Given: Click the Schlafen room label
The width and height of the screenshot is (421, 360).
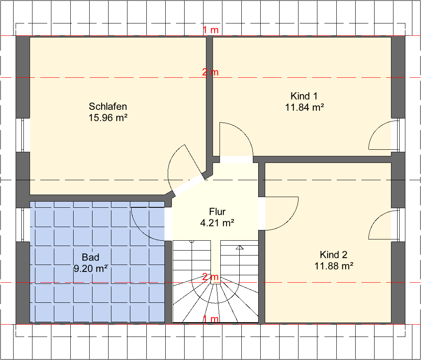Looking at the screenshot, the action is (108, 107).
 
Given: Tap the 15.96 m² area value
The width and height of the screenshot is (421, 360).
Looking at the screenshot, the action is (108, 118).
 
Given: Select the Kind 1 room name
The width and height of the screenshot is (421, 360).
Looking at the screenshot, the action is (304, 96).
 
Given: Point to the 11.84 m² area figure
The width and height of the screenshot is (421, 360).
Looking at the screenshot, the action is (305, 107).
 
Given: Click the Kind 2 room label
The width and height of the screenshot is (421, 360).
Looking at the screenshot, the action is (333, 254).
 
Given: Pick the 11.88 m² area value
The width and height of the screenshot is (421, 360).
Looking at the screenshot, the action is (334, 266).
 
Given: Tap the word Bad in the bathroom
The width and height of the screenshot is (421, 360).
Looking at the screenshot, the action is (90, 257).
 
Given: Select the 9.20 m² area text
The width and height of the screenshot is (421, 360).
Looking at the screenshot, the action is (91, 268).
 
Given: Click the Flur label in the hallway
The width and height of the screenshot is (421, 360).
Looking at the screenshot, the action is (217, 212).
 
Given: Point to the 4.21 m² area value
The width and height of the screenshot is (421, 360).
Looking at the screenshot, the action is (217, 223).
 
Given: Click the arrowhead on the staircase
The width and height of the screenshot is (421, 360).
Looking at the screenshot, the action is (240, 247).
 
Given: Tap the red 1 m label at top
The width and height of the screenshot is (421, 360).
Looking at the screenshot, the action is (210, 30).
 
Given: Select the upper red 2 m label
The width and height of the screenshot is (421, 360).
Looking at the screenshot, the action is (210, 72).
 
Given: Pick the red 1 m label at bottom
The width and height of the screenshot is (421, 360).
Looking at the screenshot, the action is (210, 319).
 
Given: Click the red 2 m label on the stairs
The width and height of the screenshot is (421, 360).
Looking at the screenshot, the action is (210, 277).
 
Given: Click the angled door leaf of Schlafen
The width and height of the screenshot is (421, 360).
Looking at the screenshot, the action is (193, 160).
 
